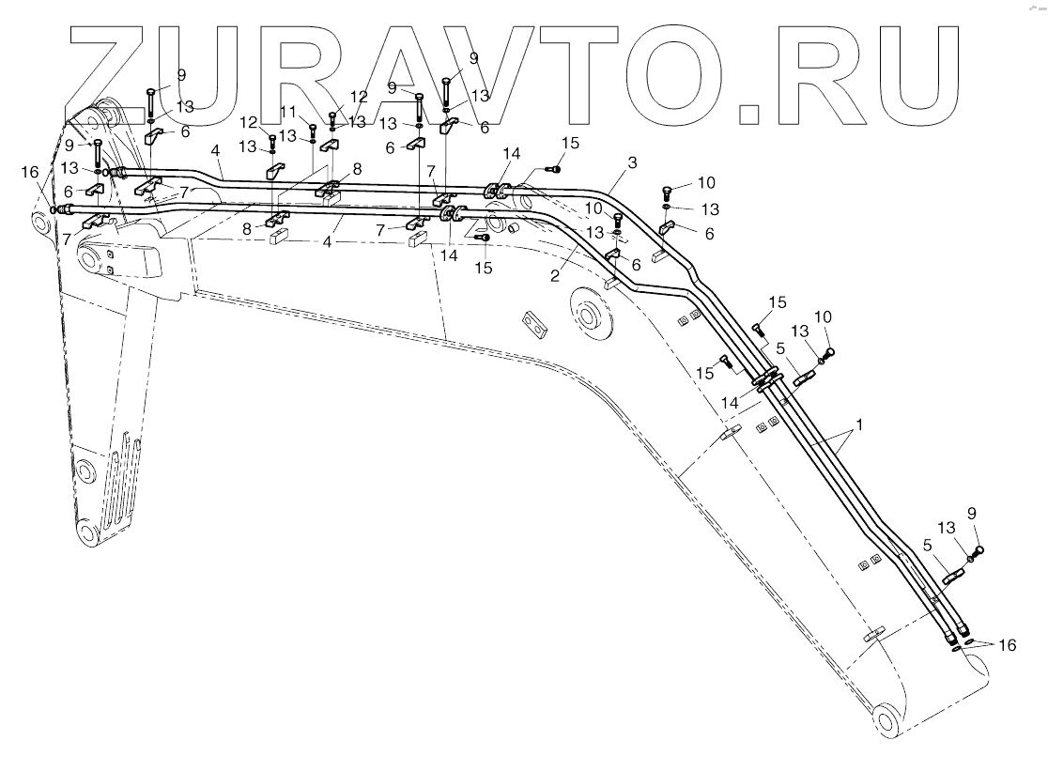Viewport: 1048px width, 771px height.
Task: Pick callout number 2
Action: click(x=555, y=275)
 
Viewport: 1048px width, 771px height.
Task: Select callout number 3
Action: click(x=632, y=162)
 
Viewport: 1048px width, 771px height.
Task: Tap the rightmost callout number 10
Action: click(x=824, y=317)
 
